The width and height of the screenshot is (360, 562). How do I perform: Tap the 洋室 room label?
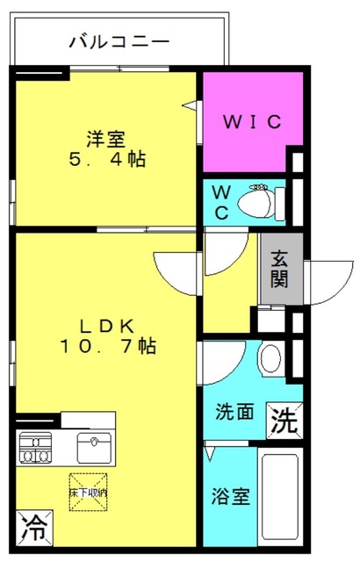(x=106, y=140)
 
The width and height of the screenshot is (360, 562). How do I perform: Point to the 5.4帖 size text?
(x=106, y=160)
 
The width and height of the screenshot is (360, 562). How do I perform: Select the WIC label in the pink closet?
(x=251, y=122)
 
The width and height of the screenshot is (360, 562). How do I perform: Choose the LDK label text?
(x=108, y=326)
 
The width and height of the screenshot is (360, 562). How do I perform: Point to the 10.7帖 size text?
(x=108, y=347)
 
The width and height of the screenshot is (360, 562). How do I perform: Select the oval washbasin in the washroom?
(x=270, y=358)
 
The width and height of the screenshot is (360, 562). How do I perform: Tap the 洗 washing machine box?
(x=284, y=421)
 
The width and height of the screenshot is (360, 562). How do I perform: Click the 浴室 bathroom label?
(x=233, y=497)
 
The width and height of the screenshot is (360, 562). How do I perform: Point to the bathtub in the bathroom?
(x=280, y=496)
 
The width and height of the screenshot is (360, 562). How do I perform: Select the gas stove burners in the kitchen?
(x=35, y=447)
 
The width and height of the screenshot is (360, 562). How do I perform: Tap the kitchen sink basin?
(x=92, y=447)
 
